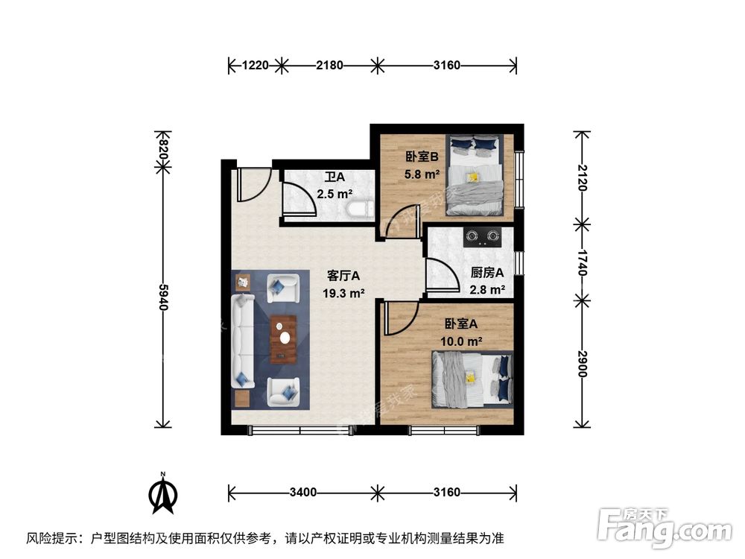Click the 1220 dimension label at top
255,66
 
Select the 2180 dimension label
329,66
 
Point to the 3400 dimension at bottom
303,493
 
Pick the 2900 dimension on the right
582,361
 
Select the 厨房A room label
488,273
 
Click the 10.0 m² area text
463,341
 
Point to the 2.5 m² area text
335,195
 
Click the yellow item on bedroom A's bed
470,377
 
